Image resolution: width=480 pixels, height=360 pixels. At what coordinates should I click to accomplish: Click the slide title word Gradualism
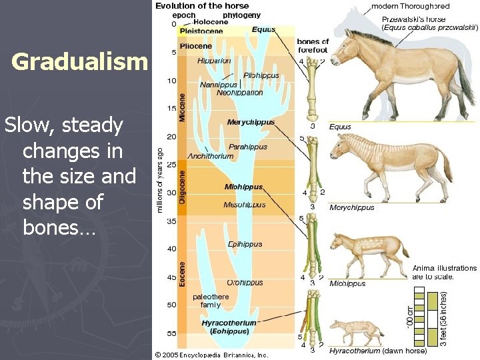(79, 62)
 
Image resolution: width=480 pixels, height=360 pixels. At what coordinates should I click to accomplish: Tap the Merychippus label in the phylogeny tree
(251, 122)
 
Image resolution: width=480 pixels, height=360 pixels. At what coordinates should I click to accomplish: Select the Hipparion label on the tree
(214, 61)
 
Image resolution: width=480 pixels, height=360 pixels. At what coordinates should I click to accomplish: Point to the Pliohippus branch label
(261, 75)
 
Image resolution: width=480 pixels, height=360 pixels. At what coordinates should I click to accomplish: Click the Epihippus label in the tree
(245, 244)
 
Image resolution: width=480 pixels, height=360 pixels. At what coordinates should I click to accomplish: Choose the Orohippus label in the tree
(245, 282)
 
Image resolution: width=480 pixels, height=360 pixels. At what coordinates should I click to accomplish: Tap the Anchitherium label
(211, 156)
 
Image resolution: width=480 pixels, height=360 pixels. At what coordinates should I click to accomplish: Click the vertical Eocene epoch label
(181, 273)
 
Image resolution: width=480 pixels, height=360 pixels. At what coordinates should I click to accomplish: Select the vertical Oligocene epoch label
(181, 187)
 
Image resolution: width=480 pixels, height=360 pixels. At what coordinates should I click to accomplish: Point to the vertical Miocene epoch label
(181, 107)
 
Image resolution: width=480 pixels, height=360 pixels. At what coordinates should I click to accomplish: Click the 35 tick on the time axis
(172, 221)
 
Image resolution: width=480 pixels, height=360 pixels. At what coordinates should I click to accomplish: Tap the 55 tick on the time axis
(172, 333)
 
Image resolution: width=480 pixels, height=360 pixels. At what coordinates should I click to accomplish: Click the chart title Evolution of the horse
(197, 6)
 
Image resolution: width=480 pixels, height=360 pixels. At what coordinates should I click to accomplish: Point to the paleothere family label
(210, 300)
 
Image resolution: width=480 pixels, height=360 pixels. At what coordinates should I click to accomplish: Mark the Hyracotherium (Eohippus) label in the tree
(229, 327)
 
